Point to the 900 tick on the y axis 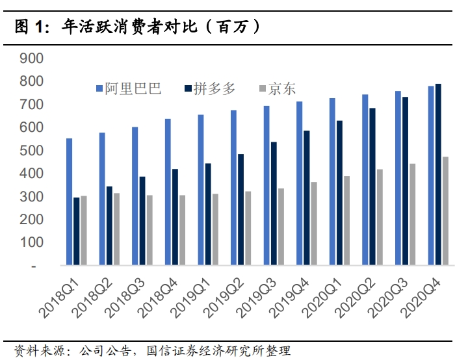32,58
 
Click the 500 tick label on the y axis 32,151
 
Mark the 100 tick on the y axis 32,242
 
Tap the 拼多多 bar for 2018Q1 77,231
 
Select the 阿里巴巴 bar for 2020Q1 332,181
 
